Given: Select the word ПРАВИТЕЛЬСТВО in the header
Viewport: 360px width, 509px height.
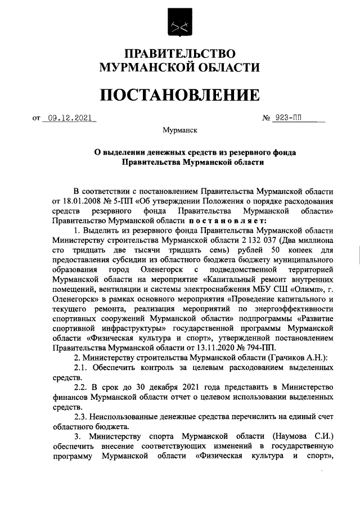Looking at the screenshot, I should [179, 54].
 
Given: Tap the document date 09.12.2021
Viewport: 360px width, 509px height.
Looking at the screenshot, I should [69, 118].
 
